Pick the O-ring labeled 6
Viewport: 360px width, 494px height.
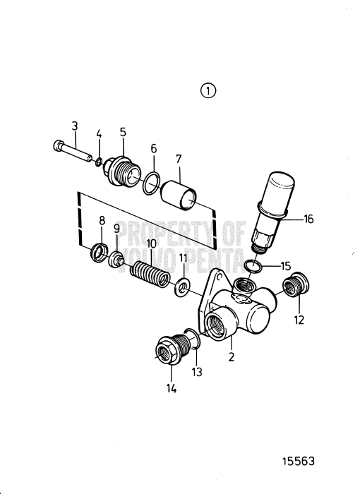[150, 186]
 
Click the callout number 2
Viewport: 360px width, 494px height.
[231, 357]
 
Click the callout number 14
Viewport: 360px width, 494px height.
[172, 387]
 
